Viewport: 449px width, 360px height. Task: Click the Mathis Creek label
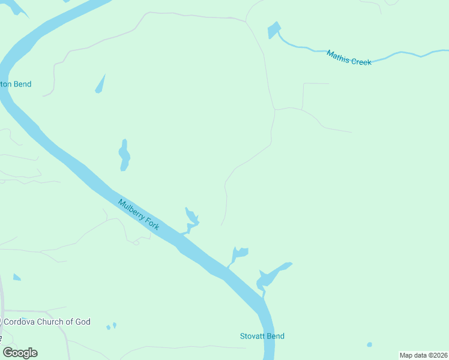tap(349, 58)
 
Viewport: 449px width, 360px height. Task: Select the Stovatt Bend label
tap(262, 336)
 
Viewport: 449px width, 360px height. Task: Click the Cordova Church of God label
tap(47, 322)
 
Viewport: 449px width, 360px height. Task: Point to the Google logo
tap(20, 353)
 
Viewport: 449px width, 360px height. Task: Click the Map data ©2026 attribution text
tap(423, 355)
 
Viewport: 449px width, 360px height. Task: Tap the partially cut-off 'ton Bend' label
tap(16, 85)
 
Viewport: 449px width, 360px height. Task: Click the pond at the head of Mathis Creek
tap(274, 30)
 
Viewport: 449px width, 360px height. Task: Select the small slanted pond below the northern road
tap(100, 85)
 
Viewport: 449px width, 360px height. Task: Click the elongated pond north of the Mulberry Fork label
tap(124, 155)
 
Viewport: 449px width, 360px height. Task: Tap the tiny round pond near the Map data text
tap(369, 344)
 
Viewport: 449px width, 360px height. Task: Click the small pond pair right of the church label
tap(111, 327)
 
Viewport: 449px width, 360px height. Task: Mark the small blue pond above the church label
tap(17, 277)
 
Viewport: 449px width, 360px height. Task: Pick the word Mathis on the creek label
tap(337, 55)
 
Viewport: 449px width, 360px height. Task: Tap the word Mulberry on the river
tap(131, 209)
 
